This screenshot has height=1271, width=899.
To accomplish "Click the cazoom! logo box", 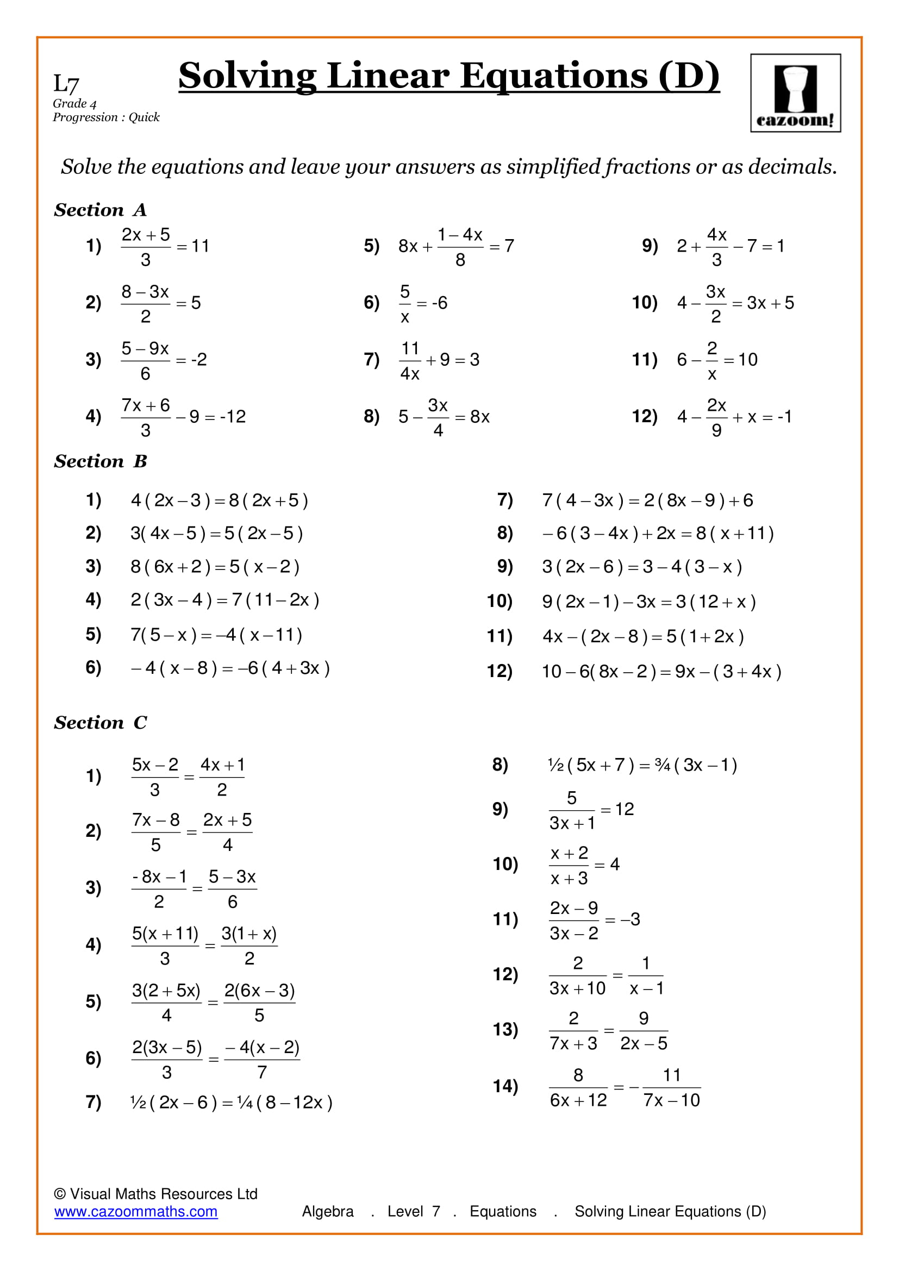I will coord(795,93).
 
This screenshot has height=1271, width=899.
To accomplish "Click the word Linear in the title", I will coord(388,76).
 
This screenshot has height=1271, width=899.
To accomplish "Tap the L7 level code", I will coord(66,84).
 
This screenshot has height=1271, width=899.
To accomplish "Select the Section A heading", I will coord(100,210).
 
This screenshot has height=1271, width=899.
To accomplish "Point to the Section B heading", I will coord(100,461).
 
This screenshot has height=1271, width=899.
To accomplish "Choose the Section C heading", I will coord(100,722).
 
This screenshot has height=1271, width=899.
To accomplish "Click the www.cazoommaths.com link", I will coord(136,1211).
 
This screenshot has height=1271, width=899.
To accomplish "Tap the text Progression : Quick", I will coord(106,117).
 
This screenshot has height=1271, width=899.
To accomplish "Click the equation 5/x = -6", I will coord(423,303).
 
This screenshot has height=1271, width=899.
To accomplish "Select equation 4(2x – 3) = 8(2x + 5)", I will coord(219,500).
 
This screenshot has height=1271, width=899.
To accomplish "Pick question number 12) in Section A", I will coord(645,416).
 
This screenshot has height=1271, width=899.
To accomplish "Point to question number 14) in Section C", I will coord(505,1086).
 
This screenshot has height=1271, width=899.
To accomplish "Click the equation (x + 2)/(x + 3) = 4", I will coord(584,865).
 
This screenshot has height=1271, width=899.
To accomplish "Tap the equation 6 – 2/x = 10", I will coord(717,360).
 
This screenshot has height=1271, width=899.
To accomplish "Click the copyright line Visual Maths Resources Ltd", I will coord(156,1193).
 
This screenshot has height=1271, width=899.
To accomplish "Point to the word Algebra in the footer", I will coord(328,1211).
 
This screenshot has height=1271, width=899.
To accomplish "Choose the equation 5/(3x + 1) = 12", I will coord(591,810).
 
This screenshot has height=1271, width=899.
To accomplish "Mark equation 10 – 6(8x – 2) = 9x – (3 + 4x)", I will coord(661,672).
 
